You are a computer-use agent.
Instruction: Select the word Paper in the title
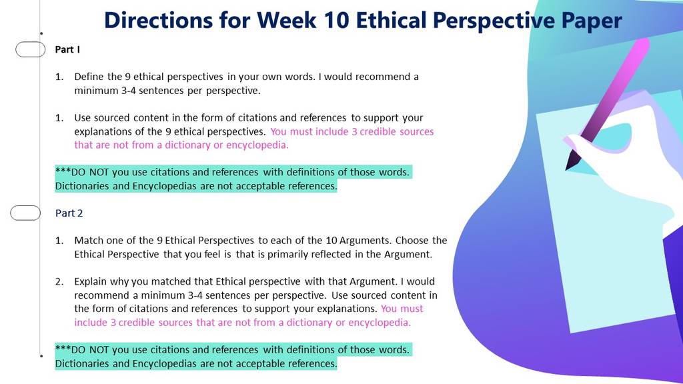tap(592, 21)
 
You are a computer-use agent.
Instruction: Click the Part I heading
tap(67, 49)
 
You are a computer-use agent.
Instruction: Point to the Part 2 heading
tap(69, 213)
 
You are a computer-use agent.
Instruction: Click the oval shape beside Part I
tap(31, 49)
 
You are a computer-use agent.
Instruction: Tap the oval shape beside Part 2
tap(25, 213)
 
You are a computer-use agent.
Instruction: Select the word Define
tap(89, 77)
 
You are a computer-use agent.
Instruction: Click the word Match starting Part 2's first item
tap(89, 240)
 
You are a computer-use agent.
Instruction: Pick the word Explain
tap(90, 282)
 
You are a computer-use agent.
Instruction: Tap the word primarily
tap(287, 254)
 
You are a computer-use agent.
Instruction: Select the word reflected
tap(331, 254)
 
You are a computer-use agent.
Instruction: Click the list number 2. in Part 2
tap(59, 282)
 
